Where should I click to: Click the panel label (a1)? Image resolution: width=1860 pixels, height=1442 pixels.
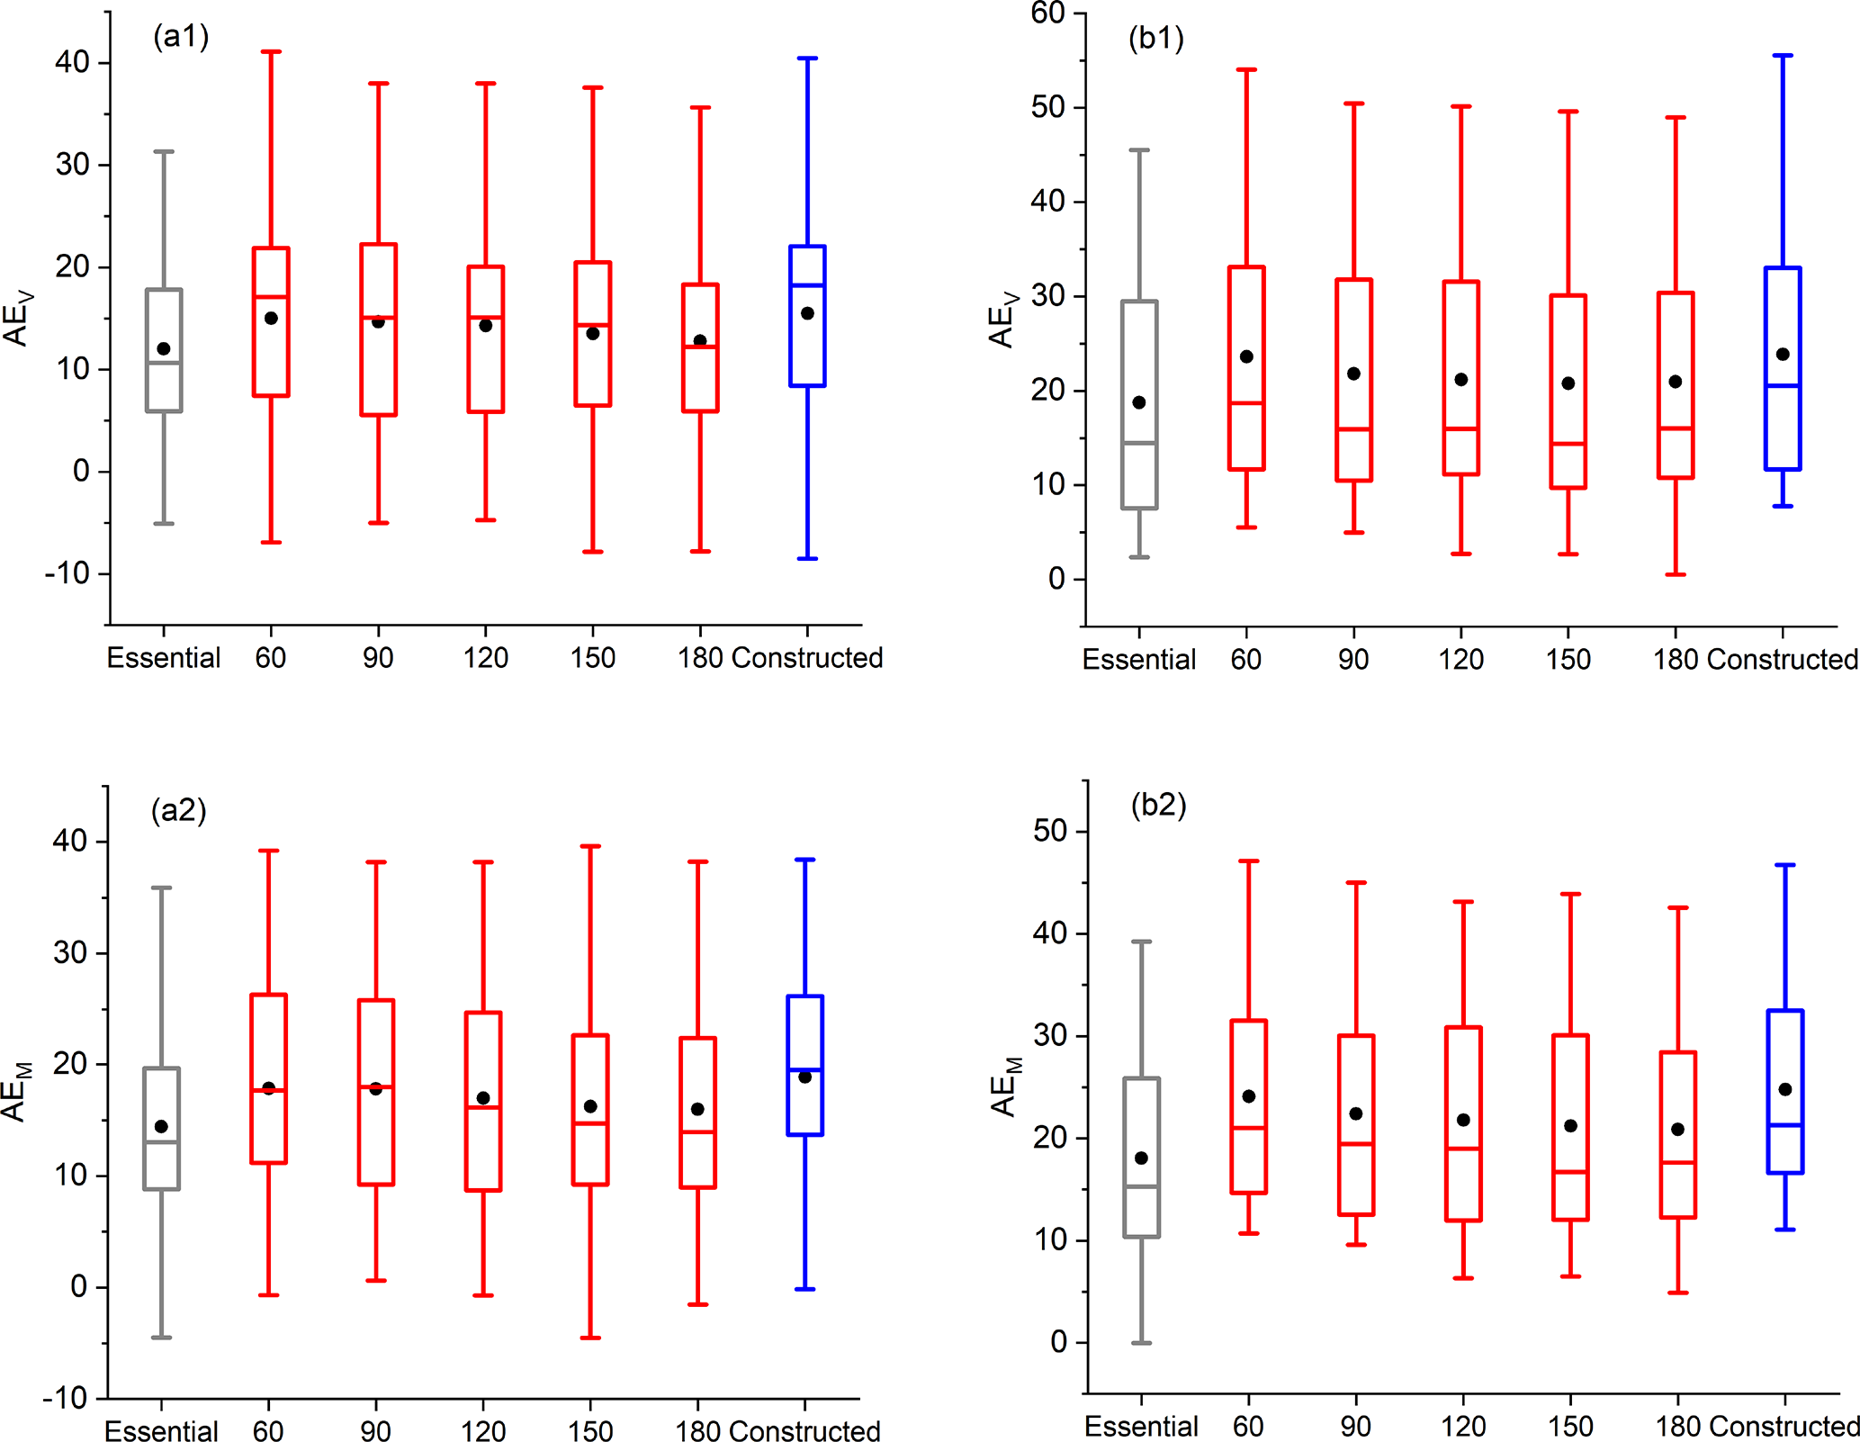(181, 37)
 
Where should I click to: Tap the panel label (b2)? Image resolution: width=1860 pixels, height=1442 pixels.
(1158, 804)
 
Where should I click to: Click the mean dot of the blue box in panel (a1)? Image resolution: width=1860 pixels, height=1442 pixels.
(807, 313)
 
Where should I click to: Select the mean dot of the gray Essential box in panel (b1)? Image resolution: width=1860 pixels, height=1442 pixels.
(1139, 402)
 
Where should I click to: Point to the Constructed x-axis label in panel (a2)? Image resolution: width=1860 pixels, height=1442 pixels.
(804, 1430)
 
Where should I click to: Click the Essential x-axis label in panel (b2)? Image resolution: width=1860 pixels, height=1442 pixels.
(1141, 1426)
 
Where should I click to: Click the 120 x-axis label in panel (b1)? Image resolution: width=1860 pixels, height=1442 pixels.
(1460, 660)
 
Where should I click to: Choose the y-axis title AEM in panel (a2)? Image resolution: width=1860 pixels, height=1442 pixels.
(16, 1091)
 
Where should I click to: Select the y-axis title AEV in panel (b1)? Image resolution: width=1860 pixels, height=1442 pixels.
(1002, 319)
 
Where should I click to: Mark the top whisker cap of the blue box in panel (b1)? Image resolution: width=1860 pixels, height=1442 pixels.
(1783, 56)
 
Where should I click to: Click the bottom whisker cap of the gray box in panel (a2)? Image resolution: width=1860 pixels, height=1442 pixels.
(161, 1338)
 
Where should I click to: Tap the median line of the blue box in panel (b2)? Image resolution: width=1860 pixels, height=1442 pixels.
(1785, 1125)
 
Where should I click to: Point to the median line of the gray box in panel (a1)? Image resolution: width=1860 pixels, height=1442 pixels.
(164, 363)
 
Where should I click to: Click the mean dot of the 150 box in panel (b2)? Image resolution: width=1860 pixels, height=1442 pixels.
(1570, 1125)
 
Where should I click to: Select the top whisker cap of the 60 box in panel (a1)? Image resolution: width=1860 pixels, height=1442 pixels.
(271, 52)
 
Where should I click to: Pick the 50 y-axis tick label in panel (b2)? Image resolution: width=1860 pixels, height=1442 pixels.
(1050, 831)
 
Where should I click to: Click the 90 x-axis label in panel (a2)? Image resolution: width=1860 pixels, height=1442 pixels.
(375, 1430)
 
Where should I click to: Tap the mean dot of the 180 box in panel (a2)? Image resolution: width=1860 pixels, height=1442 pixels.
(697, 1109)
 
